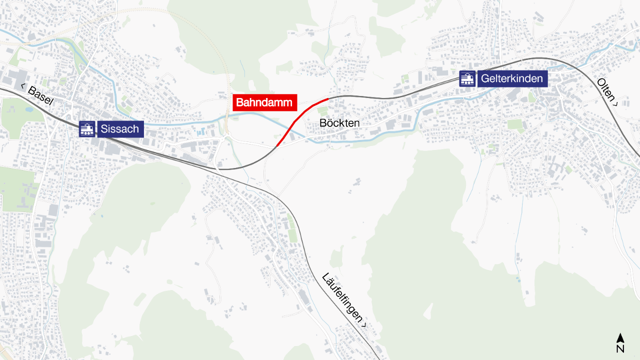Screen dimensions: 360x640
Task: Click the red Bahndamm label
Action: (265, 102)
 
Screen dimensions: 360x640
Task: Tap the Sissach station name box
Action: (120, 129)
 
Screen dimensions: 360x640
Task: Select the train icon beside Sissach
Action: (87, 129)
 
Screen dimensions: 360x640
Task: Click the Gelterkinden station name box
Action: (512, 78)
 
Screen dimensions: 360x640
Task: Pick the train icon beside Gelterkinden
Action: (467, 78)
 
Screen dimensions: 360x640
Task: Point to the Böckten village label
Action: (339, 123)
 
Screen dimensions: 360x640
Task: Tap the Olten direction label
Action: (607, 91)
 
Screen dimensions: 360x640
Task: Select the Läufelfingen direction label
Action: (344, 300)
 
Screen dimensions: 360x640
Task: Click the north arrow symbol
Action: (620, 338)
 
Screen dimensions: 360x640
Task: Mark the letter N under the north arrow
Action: (620, 349)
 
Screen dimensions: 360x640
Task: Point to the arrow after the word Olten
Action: (616, 103)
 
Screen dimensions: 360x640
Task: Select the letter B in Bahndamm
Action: (239, 103)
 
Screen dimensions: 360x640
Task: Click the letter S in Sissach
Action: (104, 129)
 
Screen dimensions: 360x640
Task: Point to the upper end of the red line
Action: (328, 99)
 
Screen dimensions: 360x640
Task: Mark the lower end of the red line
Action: (276, 146)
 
